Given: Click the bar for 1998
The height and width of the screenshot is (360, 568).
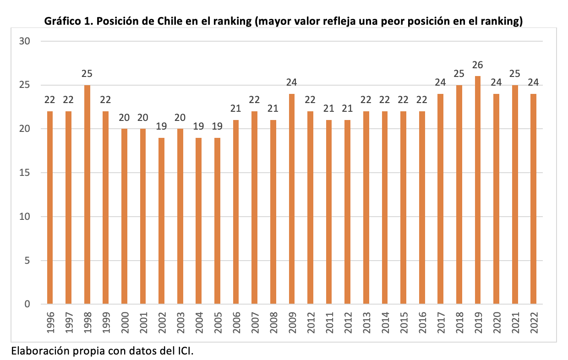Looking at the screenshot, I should pyautogui.click(x=87, y=194).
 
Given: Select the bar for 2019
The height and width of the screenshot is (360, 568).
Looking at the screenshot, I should pyautogui.click(x=478, y=190).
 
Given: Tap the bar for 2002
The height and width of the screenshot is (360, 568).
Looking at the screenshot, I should pyautogui.click(x=162, y=221).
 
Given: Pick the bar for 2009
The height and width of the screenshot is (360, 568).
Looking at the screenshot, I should pyautogui.click(x=292, y=199).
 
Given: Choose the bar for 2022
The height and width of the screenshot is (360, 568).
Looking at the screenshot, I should pyautogui.click(x=534, y=199).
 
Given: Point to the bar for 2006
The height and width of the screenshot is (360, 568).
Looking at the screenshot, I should pyautogui.click(x=236, y=212).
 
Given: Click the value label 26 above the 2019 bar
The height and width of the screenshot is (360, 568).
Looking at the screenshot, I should pyautogui.click(x=478, y=65).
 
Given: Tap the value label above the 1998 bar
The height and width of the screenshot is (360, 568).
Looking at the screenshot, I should pyautogui.click(x=87, y=74).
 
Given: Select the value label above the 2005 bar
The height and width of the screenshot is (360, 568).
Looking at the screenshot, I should pyautogui.click(x=217, y=126).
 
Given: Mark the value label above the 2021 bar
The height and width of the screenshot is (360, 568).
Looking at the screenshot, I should pyautogui.click(x=515, y=74).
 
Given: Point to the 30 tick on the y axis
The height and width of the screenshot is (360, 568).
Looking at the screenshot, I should pyautogui.click(x=24, y=41).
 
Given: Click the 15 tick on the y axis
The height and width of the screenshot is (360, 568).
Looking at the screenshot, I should pyautogui.click(x=24, y=173).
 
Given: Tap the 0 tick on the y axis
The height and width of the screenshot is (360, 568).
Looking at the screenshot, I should pyautogui.click(x=27, y=304).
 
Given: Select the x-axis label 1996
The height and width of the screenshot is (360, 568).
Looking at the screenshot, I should pyautogui.click(x=50, y=323).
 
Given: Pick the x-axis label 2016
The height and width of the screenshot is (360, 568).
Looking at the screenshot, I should pyautogui.click(x=422, y=323).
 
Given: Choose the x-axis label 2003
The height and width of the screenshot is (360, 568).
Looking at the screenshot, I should pyautogui.click(x=180, y=323).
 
